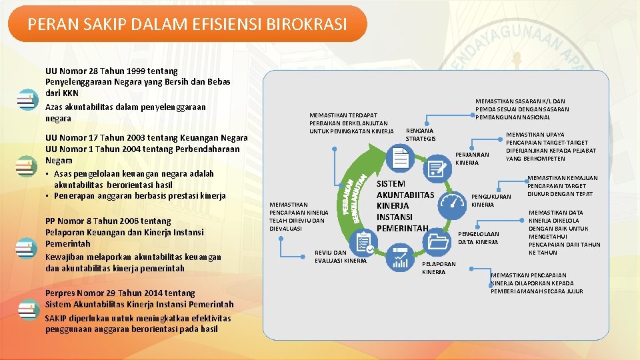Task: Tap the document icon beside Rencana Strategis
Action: (x=401, y=159)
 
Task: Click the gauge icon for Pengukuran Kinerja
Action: (x=454, y=202)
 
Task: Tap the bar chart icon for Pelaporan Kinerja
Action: (x=401, y=257)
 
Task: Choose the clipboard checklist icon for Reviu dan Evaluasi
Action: (x=364, y=243)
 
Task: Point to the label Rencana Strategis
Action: (x=421, y=134)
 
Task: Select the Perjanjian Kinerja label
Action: (x=472, y=159)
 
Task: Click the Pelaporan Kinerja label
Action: (x=439, y=268)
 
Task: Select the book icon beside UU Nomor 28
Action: (x=27, y=101)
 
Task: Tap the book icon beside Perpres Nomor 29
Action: (x=27, y=310)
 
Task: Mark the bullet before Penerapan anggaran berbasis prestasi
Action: (x=48, y=196)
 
